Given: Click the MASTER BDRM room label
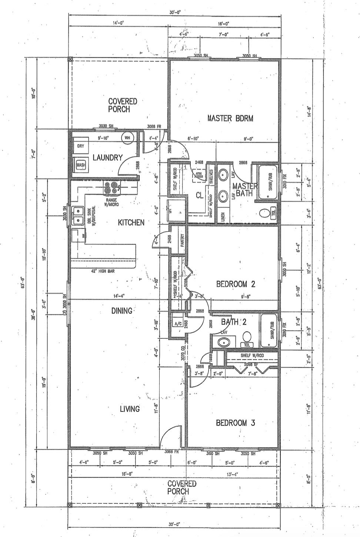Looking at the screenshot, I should click(230, 119).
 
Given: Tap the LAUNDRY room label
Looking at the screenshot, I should click(107, 158).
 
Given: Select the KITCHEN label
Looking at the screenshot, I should click(131, 223).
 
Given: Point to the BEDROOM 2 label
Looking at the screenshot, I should click(236, 284).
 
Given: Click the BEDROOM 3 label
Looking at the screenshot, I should click(235, 423).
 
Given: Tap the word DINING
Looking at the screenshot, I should click(121, 311).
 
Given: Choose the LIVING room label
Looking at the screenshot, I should click(130, 409).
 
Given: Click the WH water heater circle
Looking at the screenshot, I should click(127, 138).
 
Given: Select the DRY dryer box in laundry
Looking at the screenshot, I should click(81, 146).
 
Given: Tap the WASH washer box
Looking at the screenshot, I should click(81, 165).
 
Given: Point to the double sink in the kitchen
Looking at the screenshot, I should click(78, 216).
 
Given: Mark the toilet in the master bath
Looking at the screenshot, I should click(264, 214).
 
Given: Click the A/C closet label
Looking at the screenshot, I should click(177, 324).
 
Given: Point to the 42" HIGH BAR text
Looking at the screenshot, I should click(103, 271).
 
